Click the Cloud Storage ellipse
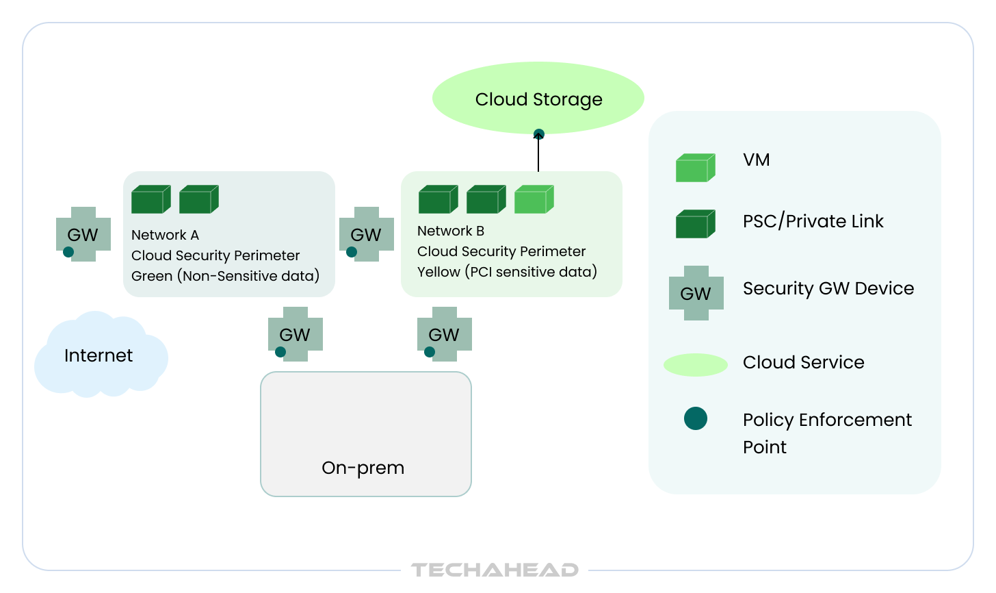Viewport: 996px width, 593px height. (538, 98)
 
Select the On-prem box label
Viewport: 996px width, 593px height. (363, 468)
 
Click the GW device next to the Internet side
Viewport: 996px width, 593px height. (83, 234)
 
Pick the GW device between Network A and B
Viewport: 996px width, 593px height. (367, 234)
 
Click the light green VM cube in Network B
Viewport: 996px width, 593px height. (534, 199)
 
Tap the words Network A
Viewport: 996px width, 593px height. (165, 235)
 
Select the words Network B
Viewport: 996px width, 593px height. (451, 231)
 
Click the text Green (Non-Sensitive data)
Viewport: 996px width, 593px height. (225, 276)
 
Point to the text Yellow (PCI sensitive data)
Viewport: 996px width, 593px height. (507, 272)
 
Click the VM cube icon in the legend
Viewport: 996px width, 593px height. (695, 168)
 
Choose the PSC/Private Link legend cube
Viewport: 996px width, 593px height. (695, 224)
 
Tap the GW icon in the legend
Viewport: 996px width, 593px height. (696, 293)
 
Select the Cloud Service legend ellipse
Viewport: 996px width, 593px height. (695, 365)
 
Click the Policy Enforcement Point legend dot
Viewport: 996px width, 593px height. (696, 418)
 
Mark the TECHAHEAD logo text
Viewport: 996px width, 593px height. (495, 570)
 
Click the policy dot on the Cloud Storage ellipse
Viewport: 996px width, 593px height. (539, 134)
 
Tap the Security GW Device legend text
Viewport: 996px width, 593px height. (828, 288)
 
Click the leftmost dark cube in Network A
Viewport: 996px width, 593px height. (150, 199)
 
